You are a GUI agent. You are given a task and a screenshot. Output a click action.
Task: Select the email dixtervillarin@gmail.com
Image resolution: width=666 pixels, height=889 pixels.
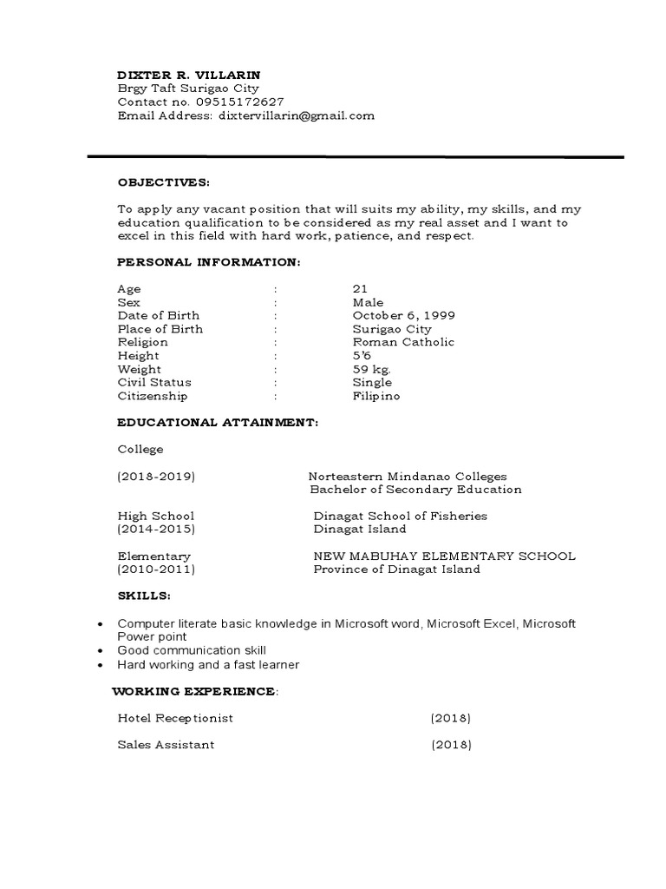297,115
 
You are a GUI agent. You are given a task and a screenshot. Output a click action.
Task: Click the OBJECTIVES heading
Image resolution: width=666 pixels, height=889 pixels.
163,183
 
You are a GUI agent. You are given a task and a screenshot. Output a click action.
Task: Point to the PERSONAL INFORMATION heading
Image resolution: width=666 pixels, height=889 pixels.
209,262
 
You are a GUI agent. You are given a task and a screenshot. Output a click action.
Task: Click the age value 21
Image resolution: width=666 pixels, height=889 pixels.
360,289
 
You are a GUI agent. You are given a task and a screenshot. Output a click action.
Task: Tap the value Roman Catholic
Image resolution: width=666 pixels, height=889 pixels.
403,342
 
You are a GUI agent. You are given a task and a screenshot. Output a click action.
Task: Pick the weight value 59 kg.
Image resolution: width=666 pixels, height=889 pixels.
372,369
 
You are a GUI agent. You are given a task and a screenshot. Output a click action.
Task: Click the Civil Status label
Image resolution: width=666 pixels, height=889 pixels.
154,382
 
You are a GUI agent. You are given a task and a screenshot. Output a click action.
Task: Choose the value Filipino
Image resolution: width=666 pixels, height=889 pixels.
376,396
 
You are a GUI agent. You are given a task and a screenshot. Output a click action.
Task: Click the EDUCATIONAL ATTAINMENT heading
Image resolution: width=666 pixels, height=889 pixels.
218,423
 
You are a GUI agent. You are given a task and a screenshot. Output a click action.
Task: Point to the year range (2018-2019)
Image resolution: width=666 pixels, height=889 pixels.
156,477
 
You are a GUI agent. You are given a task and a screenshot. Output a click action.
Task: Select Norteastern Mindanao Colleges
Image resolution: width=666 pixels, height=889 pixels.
408,477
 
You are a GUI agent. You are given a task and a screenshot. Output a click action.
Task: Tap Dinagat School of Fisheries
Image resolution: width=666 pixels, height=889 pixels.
400,516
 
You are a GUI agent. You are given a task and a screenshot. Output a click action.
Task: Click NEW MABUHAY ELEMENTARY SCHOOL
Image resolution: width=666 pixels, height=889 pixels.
444,556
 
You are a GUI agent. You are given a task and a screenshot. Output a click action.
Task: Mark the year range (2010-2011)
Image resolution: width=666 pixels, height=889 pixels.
156,570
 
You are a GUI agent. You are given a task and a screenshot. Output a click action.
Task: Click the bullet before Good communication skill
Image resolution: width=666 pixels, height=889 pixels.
102,651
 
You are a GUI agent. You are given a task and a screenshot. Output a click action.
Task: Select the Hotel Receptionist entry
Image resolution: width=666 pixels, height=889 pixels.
175,718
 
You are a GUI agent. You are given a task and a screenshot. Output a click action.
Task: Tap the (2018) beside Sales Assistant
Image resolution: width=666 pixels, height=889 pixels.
450,745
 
